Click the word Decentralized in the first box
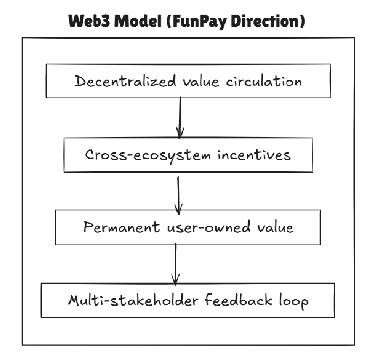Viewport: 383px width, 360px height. pyautogui.click(x=125, y=81)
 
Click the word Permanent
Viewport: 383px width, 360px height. pyautogui.click(x=122, y=228)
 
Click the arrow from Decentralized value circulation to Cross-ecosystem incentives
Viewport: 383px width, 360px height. pyautogui.click(x=180, y=117)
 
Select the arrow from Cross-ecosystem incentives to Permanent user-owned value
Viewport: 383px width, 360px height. pyautogui.click(x=178, y=191)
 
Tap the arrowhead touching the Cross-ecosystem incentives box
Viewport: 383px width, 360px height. pyautogui.click(x=180, y=133)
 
